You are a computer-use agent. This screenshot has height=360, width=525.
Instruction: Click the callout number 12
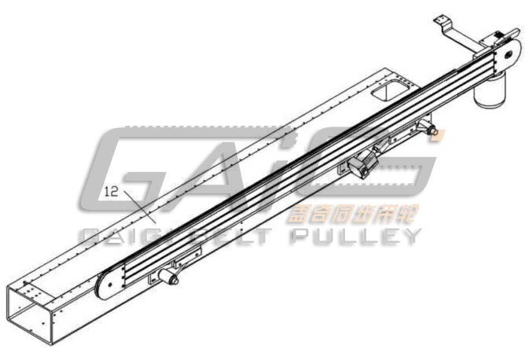click(110, 190)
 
